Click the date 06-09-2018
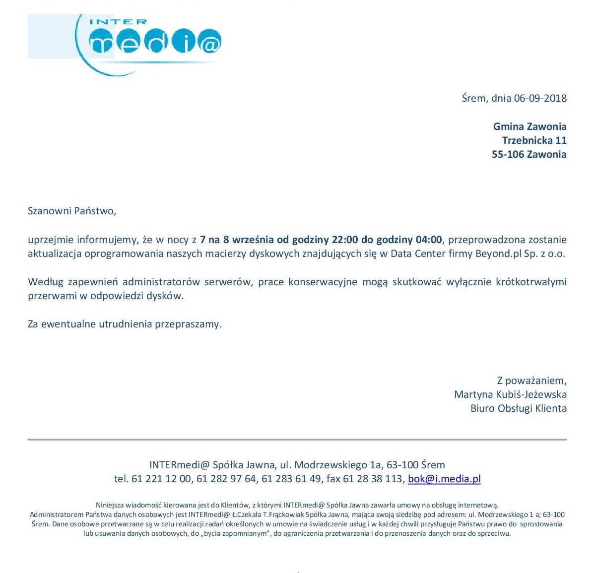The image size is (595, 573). [540, 98]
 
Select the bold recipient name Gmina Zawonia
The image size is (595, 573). [529, 127]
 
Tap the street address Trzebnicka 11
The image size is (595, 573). [534, 140]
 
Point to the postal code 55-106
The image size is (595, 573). [507, 154]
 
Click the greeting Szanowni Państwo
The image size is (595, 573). [72, 211]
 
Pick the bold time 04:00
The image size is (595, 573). [429, 240]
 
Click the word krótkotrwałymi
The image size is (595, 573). [531, 282]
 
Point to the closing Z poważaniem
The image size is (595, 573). [531, 381]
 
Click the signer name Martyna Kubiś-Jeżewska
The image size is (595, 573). [510, 395]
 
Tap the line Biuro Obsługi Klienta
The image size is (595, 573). [519, 409]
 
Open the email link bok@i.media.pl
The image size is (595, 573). [444, 479]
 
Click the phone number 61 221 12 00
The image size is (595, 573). [161, 479]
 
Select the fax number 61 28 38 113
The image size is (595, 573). [373, 479]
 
